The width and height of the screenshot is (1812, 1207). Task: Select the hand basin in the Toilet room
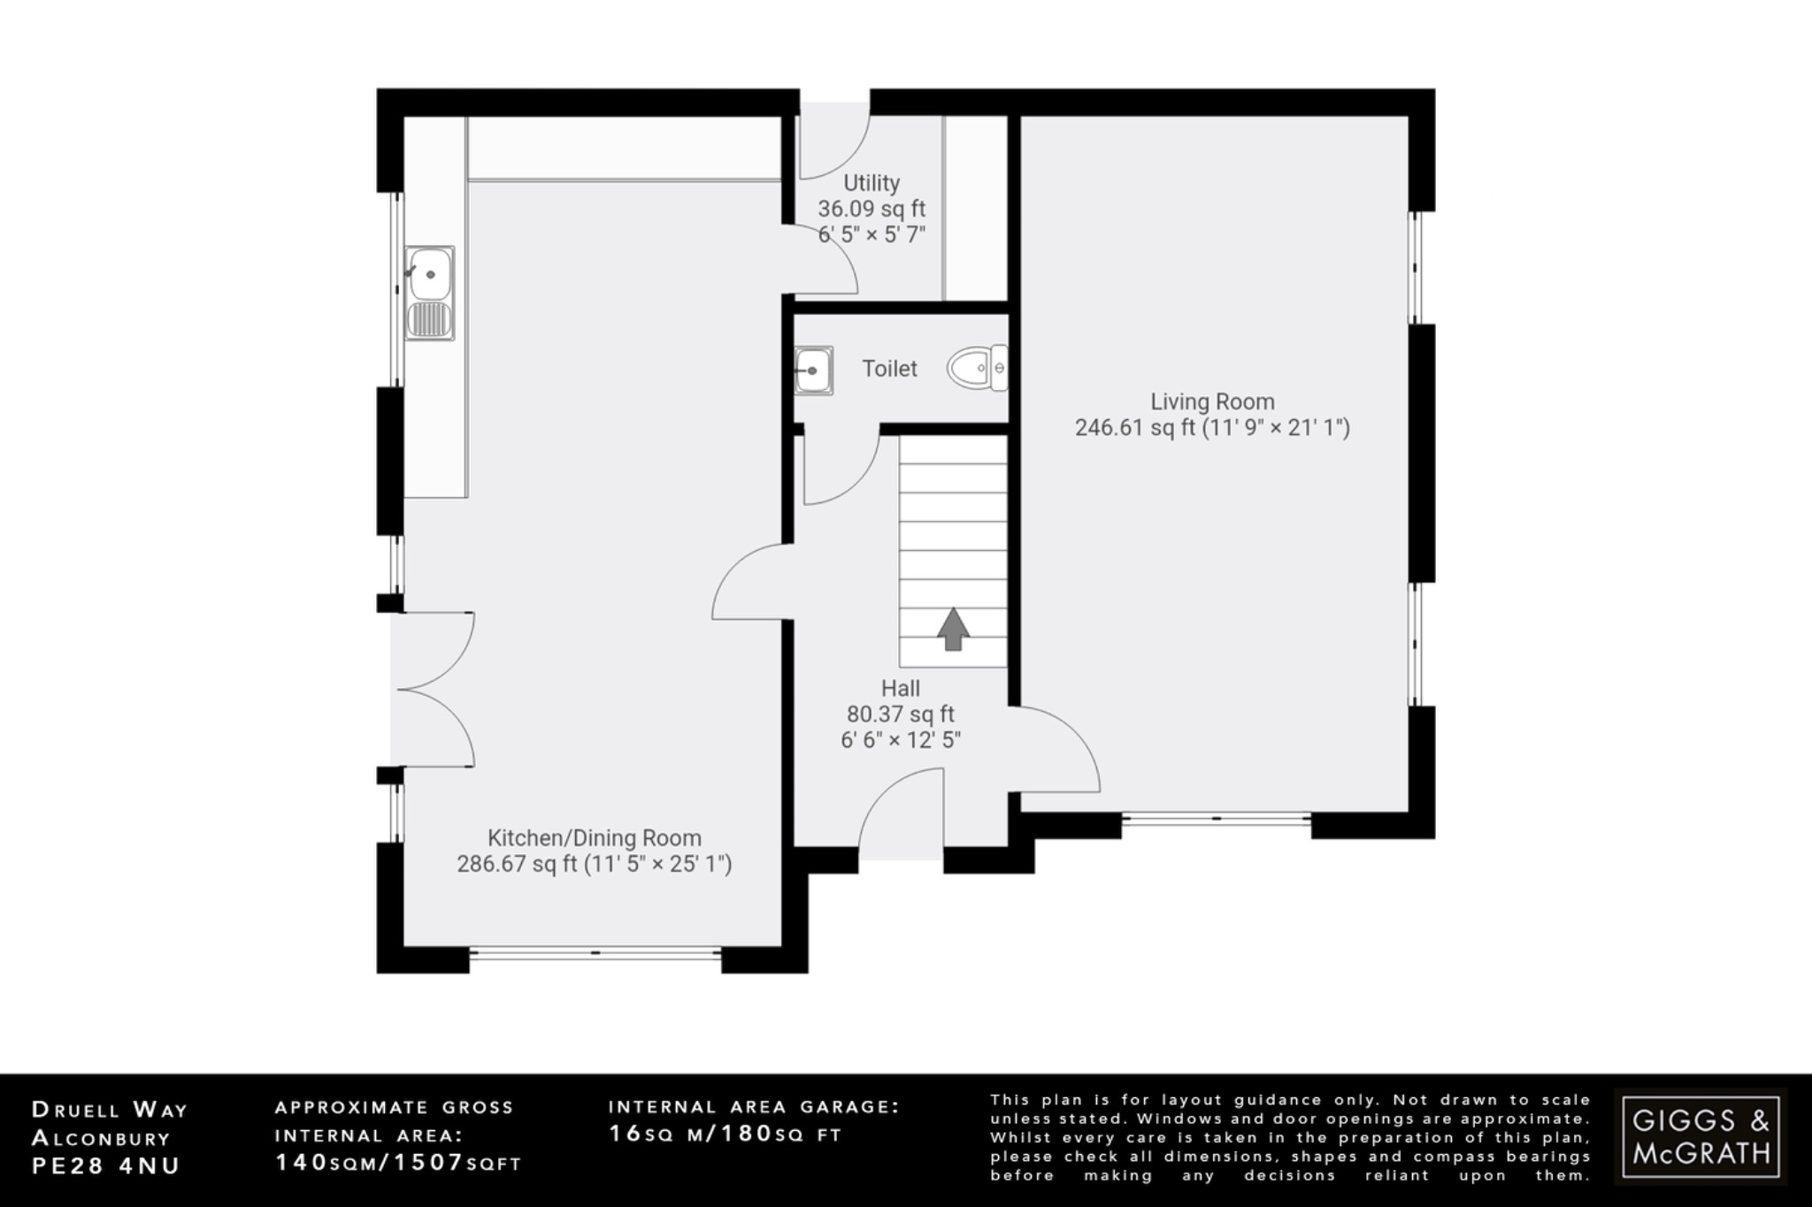(x=812, y=371)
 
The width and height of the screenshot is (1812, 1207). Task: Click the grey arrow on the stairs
(x=953, y=630)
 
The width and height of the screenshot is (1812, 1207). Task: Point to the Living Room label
(x=1212, y=401)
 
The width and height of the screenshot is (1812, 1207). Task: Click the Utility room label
(x=871, y=183)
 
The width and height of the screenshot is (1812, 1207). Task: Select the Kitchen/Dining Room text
(x=595, y=837)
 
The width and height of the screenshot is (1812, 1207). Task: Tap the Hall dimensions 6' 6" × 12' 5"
(x=901, y=740)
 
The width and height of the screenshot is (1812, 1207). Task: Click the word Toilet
(x=890, y=369)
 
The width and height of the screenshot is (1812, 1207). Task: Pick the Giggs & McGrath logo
(x=1701, y=1136)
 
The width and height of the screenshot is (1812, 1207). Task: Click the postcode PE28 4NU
(x=106, y=1165)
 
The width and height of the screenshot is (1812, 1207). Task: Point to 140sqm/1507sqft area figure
(x=399, y=1162)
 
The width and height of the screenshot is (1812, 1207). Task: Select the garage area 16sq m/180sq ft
(x=726, y=1134)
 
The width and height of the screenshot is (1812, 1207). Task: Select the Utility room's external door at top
(x=834, y=141)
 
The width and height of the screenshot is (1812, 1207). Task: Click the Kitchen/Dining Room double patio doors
(x=434, y=689)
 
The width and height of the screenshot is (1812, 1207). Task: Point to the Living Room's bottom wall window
(x=1217, y=820)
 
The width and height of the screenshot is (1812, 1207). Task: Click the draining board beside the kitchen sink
(x=430, y=319)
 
